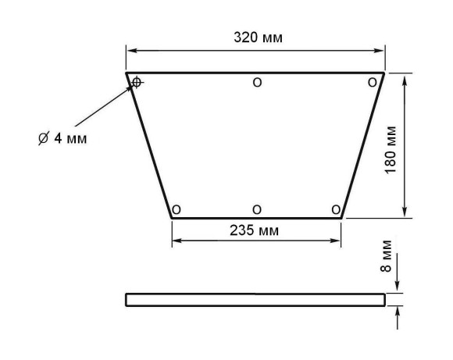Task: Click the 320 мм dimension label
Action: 258,37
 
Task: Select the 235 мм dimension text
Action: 255,230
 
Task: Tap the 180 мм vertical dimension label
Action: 391,150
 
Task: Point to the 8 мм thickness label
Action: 386,256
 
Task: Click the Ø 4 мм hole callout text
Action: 62,138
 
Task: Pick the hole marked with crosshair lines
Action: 137,83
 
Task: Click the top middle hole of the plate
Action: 257,83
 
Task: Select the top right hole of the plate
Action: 373,83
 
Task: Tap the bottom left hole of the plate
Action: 177,209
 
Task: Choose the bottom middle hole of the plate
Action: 257,209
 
